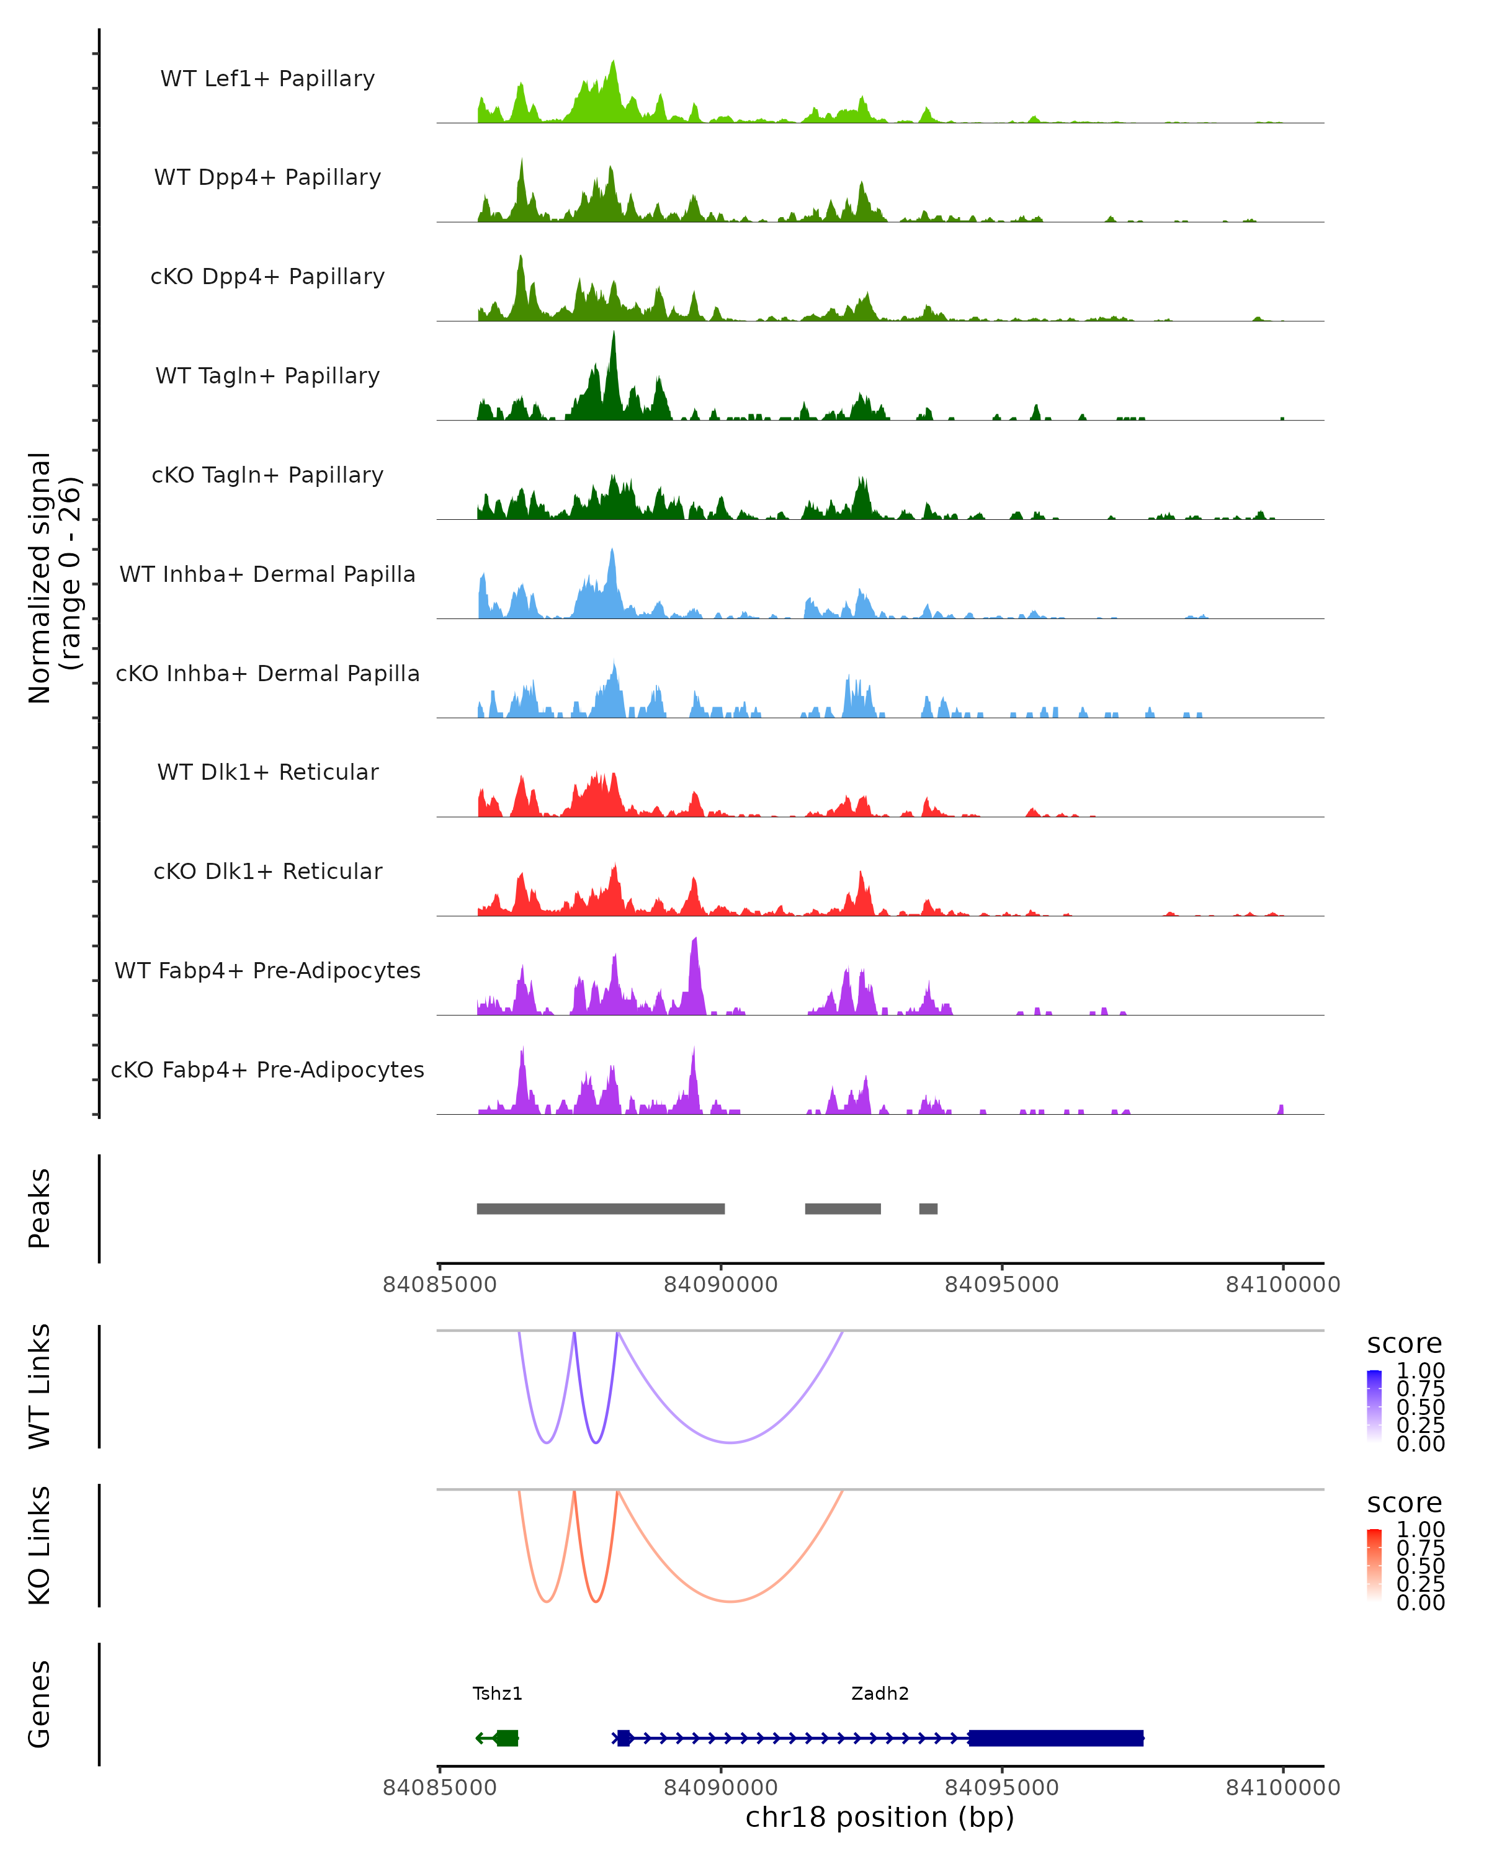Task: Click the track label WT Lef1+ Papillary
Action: click(267, 79)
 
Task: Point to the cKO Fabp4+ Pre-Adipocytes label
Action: click(267, 1069)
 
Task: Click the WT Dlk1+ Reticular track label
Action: click(267, 772)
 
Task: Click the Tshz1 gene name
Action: click(497, 1693)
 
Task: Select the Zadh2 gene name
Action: click(880, 1693)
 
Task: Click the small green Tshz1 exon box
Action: click(507, 1738)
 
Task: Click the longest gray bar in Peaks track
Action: click(601, 1208)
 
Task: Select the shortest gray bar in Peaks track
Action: click(928, 1208)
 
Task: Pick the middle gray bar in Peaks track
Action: click(843, 1208)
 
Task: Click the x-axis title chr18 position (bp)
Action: click(880, 1817)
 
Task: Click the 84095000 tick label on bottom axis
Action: click(1001, 1787)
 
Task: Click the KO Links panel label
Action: click(40, 1545)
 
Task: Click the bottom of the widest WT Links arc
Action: click(730, 1442)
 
